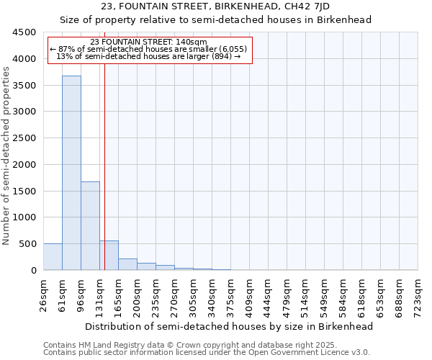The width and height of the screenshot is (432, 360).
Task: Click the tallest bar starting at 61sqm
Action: (71, 173)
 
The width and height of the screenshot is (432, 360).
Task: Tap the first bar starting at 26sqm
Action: (53, 257)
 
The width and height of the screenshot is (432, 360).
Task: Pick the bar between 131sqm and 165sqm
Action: (109, 256)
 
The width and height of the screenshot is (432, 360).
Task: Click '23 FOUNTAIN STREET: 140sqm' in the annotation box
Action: (149, 42)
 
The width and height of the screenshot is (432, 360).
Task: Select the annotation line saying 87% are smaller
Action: (149, 49)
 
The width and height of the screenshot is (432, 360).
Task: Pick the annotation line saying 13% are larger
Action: (149, 56)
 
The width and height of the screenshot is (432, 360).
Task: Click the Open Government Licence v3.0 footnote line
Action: (207, 353)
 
